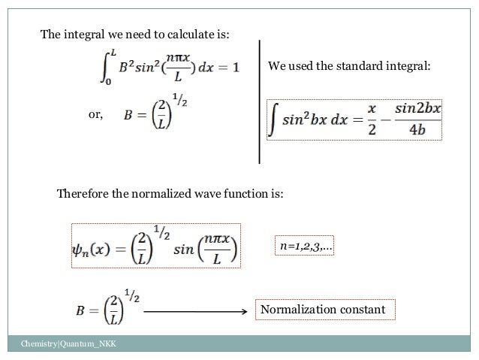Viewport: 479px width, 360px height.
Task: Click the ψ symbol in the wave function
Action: [x=80, y=247]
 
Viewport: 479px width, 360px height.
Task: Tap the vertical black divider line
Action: [x=260, y=101]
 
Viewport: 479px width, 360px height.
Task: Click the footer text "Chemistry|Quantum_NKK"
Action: [x=64, y=345]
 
